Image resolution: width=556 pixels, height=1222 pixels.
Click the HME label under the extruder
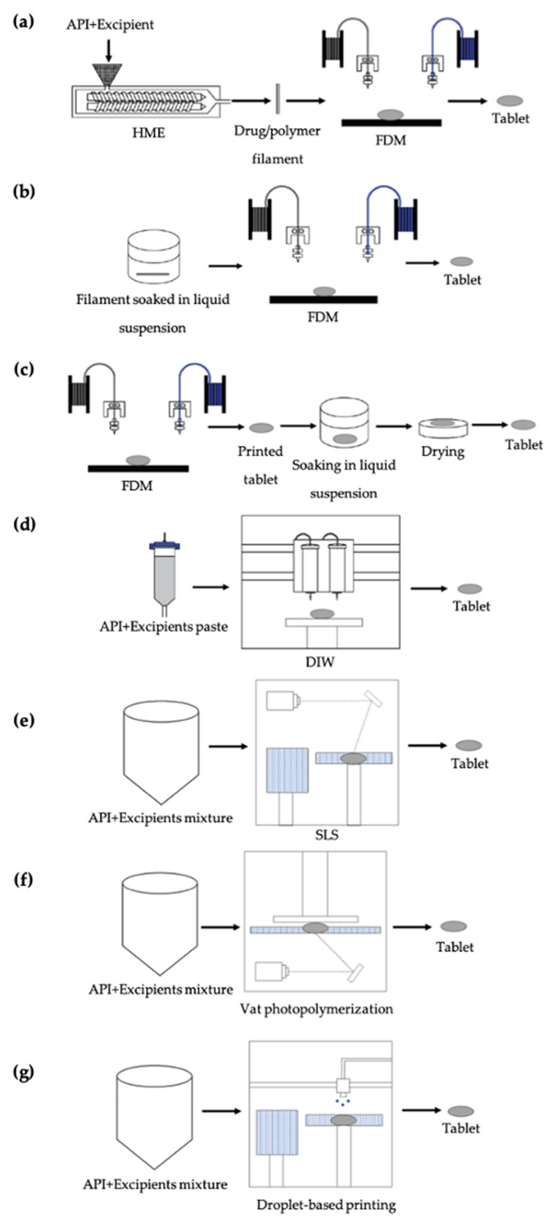coord(148,133)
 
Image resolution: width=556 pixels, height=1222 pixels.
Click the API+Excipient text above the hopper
coord(110,25)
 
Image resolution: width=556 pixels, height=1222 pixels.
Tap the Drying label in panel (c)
coord(442,451)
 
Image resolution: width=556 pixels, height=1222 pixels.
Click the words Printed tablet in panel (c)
coord(260,465)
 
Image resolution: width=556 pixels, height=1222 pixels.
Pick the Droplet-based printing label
coord(326,1204)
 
